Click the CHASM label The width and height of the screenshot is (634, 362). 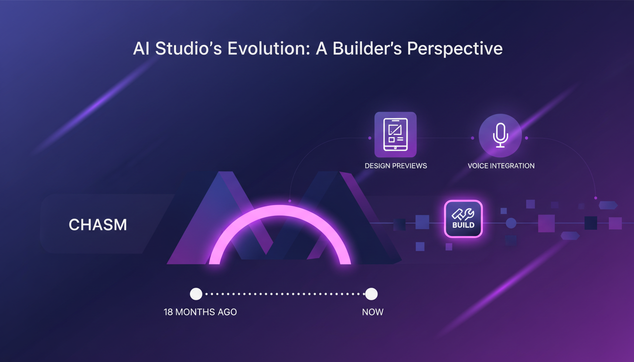tap(98, 225)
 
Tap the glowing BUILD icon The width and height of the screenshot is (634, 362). tap(463, 219)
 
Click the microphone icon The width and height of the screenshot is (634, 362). tap(500, 135)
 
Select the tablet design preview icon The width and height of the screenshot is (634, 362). tap(395, 135)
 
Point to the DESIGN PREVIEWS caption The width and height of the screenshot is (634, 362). tap(396, 166)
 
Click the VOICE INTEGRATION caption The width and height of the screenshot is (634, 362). tap(501, 166)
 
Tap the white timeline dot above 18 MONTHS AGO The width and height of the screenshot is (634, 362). tap(196, 294)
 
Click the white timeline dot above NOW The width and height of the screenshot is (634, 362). tap(372, 294)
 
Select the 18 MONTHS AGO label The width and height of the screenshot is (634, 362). tap(200, 312)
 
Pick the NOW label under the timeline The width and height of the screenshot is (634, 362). tap(373, 312)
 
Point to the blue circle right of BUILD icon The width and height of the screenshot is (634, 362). tap(511, 223)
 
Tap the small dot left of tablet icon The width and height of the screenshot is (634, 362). tap(370, 138)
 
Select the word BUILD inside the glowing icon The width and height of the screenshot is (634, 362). tap(463, 225)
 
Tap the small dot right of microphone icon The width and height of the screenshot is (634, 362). tap(526, 138)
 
